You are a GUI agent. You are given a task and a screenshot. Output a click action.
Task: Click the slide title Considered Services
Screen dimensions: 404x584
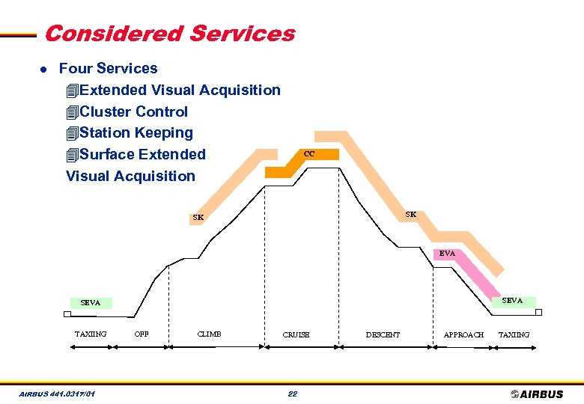pyautogui.click(x=169, y=34)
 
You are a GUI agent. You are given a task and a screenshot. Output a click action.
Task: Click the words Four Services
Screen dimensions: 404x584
pyautogui.click(x=108, y=68)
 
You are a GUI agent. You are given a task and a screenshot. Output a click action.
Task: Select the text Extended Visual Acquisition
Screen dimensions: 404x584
pyautogui.click(x=180, y=90)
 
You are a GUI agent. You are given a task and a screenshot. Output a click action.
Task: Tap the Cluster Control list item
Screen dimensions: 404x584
pyautogui.click(x=133, y=111)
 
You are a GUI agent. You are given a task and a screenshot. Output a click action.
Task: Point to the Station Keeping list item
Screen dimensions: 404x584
pyautogui.click(x=136, y=132)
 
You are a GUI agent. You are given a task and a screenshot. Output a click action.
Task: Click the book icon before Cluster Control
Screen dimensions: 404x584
pyautogui.click(x=72, y=112)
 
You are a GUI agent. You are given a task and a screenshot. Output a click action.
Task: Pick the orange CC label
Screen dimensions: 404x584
pyautogui.click(x=309, y=154)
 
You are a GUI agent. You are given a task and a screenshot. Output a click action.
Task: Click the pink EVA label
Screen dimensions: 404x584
pyautogui.click(x=447, y=254)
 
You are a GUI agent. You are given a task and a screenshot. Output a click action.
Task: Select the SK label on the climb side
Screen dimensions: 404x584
pyautogui.click(x=198, y=218)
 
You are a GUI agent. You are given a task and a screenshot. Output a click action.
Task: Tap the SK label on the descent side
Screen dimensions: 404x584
pyautogui.click(x=411, y=214)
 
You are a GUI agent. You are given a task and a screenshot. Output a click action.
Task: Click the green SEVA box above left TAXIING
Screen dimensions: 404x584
pyautogui.click(x=90, y=303)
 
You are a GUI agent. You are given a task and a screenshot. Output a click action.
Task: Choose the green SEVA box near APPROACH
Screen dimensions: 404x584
pyautogui.click(x=512, y=301)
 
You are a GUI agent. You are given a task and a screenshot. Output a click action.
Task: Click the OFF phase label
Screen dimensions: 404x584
pyautogui.click(x=140, y=334)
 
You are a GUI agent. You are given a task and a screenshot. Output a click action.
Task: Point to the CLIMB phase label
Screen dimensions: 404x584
pyautogui.click(x=209, y=334)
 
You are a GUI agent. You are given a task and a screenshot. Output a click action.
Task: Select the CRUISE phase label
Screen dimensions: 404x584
pyautogui.click(x=296, y=334)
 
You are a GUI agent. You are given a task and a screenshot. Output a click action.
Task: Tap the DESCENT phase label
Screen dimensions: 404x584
pyautogui.click(x=383, y=334)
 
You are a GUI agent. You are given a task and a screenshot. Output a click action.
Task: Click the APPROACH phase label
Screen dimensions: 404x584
pyautogui.click(x=463, y=334)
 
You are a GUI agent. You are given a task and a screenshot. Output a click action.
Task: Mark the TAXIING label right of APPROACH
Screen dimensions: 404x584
pyautogui.click(x=514, y=334)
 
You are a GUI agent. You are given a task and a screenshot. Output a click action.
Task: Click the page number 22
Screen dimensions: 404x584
pyautogui.click(x=293, y=394)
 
